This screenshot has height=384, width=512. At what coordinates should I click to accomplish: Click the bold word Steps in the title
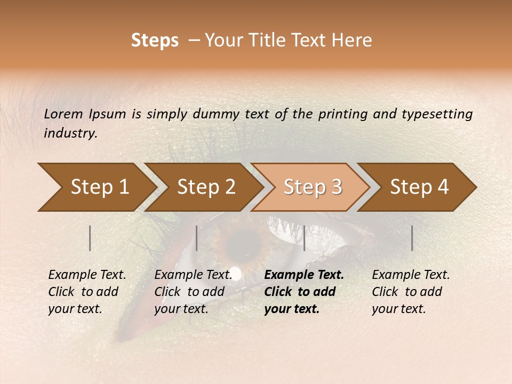(155, 41)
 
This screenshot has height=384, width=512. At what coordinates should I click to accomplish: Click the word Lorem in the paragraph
(63, 114)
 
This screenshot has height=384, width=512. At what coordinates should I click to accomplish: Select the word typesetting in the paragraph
(437, 114)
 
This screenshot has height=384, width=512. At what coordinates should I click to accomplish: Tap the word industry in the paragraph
(70, 133)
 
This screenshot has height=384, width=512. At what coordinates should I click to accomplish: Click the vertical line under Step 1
(90, 238)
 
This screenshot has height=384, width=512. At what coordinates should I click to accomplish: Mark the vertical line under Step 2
(197, 238)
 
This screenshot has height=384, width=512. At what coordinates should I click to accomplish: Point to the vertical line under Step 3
(304, 238)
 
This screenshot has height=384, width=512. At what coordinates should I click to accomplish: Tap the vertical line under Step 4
(412, 238)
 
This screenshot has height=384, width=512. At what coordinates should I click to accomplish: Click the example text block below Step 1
(87, 292)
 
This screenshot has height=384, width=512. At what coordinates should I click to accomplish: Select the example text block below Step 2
(193, 292)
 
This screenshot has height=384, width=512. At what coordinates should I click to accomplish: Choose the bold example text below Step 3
(304, 292)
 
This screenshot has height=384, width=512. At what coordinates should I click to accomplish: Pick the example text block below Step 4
(411, 292)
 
